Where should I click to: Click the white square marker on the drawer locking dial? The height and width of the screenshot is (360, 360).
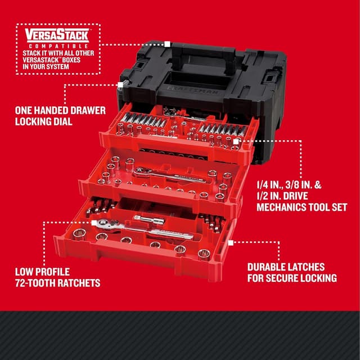[x=120, y=84]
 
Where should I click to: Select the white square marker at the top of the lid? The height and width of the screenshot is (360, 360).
[x=167, y=43]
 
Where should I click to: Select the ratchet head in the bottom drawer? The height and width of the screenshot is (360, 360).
[x=105, y=223]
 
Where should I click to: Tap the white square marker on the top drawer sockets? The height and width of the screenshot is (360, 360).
[x=235, y=142]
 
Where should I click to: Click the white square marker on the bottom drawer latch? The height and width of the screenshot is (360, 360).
[x=231, y=242]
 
